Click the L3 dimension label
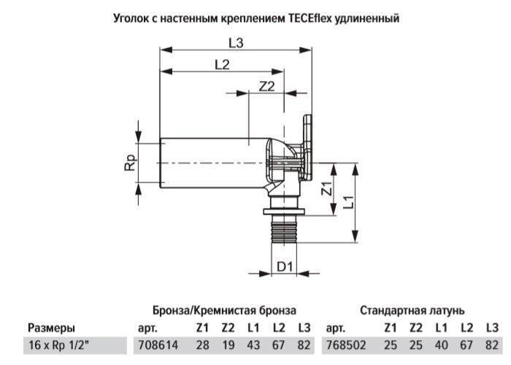point(236,43)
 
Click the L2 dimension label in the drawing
point(222,65)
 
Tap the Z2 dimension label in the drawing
point(267,86)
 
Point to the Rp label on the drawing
point(131,163)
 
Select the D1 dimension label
point(285,266)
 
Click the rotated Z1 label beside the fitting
point(327,188)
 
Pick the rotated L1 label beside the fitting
point(347,201)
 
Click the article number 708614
point(158,345)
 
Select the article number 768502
point(346,345)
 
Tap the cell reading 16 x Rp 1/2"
point(58,345)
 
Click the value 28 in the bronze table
point(202,345)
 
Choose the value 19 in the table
point(228,345)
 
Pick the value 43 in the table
point(253,345)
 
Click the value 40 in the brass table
point(441,345)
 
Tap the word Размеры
point(51,328)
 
